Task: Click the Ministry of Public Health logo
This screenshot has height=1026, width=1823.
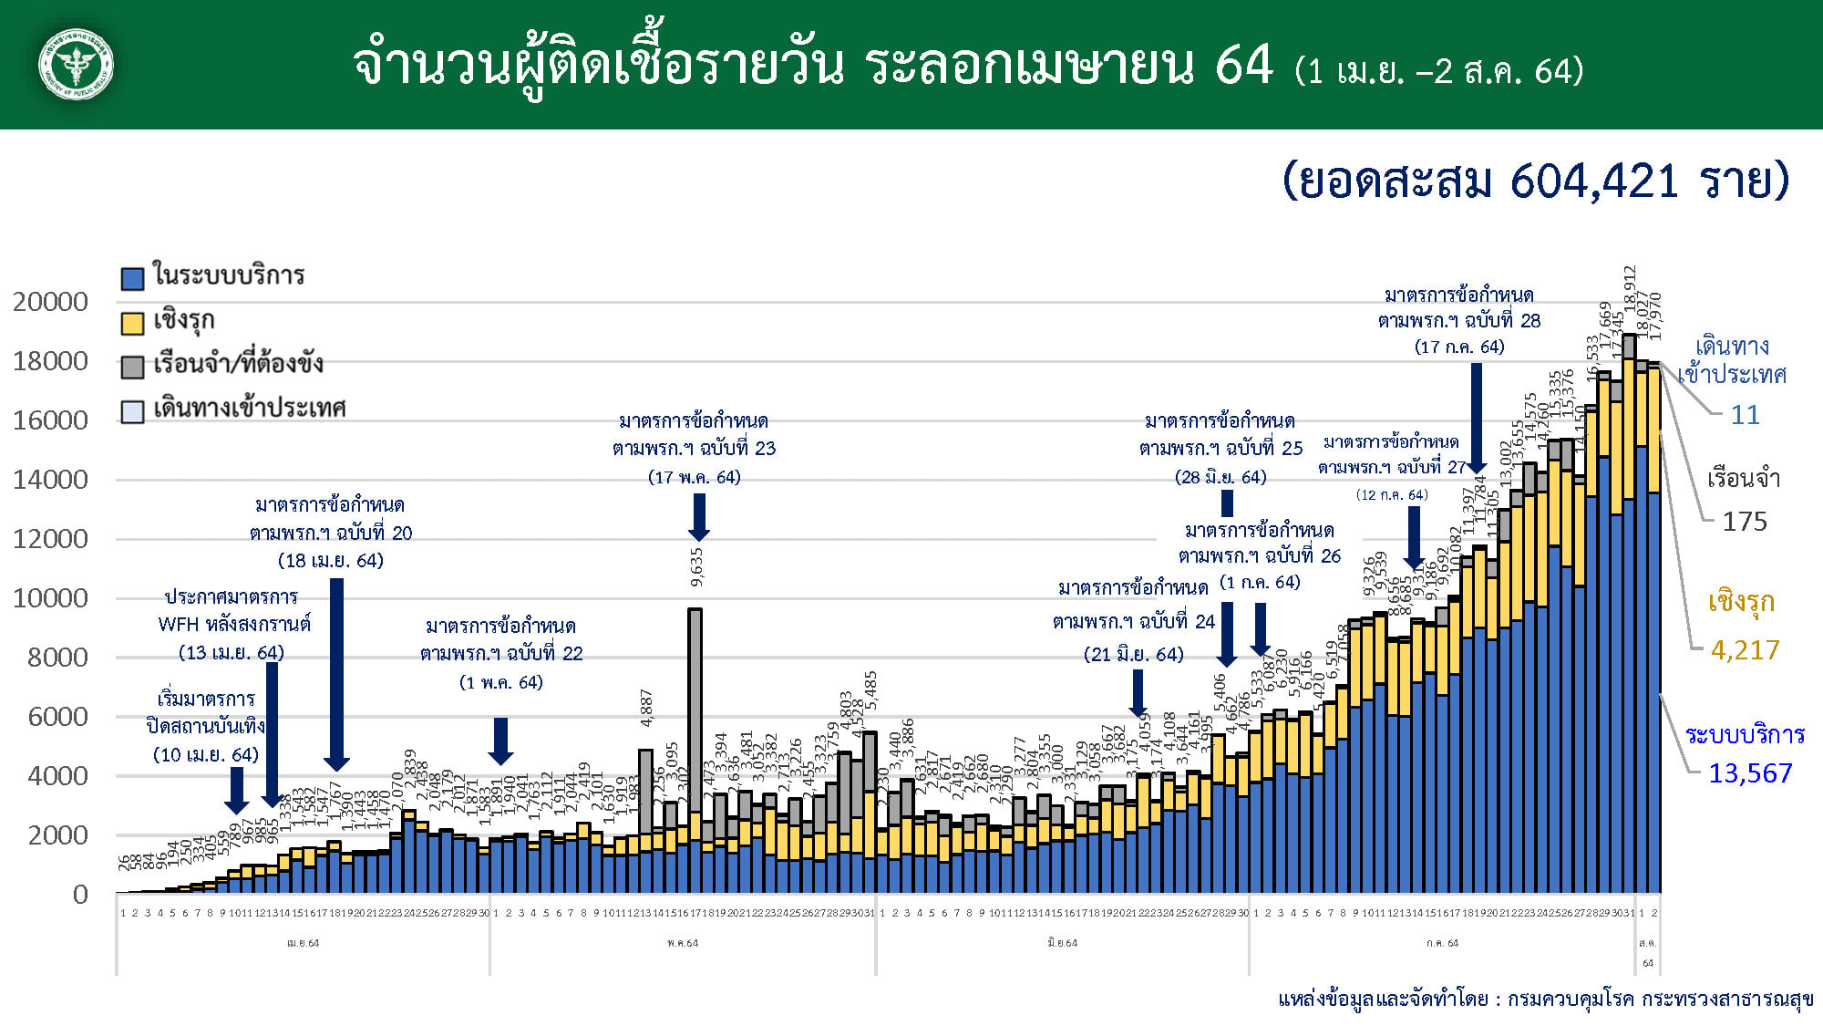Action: (77, 65)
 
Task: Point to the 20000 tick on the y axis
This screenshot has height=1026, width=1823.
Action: (51, 302)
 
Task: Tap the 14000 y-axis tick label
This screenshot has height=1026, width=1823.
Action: (51, 480)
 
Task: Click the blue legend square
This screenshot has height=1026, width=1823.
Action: (133, 278)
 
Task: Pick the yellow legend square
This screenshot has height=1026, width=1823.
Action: (133, 323)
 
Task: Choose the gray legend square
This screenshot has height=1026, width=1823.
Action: (133, 367)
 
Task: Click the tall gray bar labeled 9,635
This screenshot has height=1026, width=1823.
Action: (695, 711)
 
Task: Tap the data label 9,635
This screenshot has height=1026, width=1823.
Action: (697, 566)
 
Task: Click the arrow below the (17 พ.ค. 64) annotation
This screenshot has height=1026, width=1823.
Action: (699, 516)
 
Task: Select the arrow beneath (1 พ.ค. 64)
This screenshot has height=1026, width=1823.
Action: (500, 741)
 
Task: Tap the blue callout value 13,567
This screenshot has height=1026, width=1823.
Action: (1749, 773)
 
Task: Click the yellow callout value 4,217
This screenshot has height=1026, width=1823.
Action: (1745, 650)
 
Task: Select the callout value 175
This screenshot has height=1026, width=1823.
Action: (1744, 522)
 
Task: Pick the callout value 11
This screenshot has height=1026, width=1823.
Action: (1745, 415)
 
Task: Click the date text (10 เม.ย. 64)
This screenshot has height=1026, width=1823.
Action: (206, 755)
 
